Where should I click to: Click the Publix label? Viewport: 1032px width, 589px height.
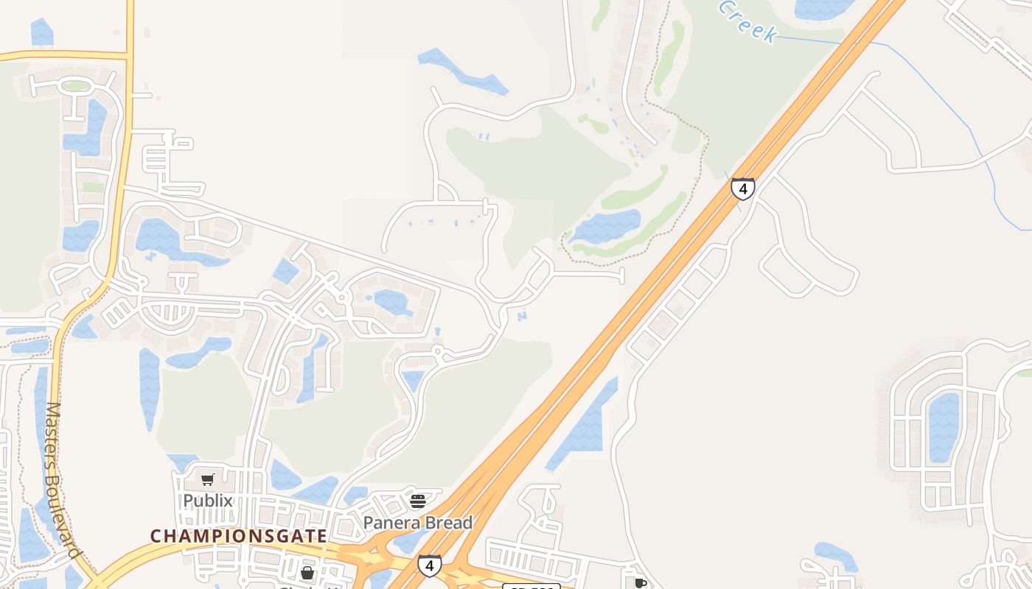(x=208, y=501)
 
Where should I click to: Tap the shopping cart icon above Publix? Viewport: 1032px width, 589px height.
(x=208, y=480)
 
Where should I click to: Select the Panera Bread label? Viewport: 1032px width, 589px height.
(x=418, y=523)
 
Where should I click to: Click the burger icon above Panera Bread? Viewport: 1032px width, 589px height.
(x=418, y=502)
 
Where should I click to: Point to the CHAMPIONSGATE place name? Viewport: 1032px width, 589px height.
(x=239, y=536)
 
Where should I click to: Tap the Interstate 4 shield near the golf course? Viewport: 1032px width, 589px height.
(x=742, y=189)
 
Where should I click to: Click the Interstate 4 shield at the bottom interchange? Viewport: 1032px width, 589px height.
(x=430, y=565)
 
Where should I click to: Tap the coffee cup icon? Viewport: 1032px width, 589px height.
(x=641, y=583)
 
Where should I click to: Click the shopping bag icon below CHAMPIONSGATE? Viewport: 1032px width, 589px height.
(x=307, y=572)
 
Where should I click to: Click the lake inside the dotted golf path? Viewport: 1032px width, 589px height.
(x=606, y=226)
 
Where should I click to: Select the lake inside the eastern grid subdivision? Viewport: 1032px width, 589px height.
(x=944, y=427)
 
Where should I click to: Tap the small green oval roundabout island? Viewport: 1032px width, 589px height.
(x=75, y=86)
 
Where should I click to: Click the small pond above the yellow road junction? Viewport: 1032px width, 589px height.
(x=42, y=32)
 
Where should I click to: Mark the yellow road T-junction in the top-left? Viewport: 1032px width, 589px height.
(x=130, y=55)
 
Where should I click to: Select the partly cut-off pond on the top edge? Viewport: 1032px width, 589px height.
(x=822, y=7)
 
